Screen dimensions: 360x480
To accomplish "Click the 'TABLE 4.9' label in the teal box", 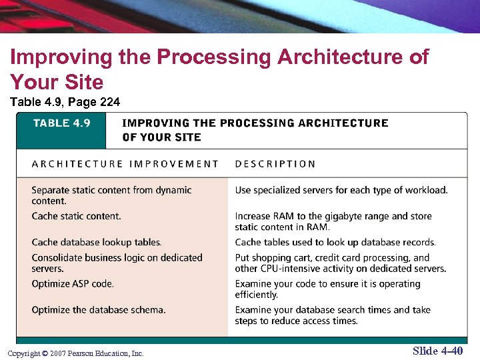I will (61, 123).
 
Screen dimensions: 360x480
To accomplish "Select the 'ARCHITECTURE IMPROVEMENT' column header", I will (125, 164).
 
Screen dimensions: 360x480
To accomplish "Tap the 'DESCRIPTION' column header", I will (275, 164).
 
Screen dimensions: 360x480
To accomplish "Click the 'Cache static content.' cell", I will (76, 216).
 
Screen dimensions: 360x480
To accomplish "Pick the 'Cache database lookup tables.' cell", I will (97, 242).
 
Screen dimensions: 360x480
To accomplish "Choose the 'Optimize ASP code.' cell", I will (73, 283).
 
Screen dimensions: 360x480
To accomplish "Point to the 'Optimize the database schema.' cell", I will (99, 309).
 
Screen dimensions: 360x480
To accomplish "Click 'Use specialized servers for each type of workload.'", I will (341, 190).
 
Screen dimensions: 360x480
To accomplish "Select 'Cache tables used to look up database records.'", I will (335, 242).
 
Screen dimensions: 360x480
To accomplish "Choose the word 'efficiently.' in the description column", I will (256, 295).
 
